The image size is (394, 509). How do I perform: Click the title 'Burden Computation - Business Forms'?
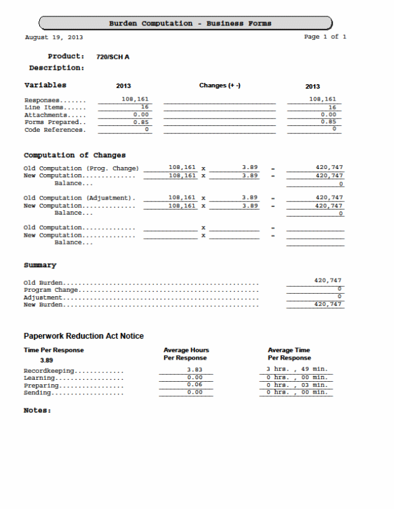189,23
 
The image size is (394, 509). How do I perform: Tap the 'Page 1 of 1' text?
325,37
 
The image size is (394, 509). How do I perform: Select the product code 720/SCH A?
113,57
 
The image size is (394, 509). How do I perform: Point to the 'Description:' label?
56,68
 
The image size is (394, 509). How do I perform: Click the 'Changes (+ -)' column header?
220,85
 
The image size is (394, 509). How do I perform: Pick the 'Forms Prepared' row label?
54,122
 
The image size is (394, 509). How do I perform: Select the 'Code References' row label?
54,130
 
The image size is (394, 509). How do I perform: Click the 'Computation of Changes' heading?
75,155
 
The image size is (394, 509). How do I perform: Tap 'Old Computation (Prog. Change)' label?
80,168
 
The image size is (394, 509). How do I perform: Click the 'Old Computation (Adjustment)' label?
79,198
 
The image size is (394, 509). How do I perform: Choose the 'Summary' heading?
40,265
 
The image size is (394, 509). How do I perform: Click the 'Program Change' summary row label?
51,290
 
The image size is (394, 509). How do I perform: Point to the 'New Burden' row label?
44,305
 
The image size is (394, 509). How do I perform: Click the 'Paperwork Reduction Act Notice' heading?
84,336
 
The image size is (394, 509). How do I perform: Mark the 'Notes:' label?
37,410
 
